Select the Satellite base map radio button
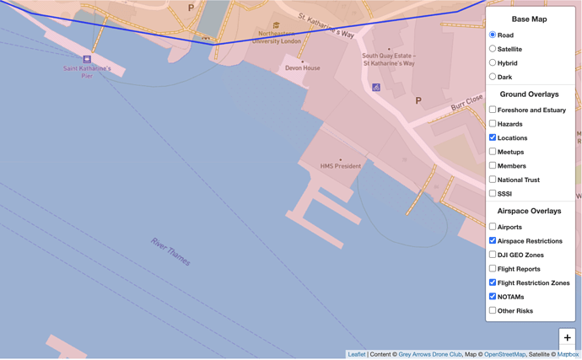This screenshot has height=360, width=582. pyautogui.click(x=493, y=49)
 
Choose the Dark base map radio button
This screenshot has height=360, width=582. pyautogui.click(x=493, y=77)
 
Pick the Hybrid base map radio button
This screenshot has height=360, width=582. pyautogui.click(x=493, y=63)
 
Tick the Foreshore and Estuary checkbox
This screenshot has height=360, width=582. pyautogui.click(x=493, y=110)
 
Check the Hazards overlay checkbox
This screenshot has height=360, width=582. pyautogui.click(x=493, y=124)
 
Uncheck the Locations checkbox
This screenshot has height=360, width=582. pyautogui.click(x=493, y=137)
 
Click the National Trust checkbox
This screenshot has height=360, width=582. pyautogui.click(x=493, y=180)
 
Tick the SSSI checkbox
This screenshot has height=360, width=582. pyautogui.click(x=493, y=193)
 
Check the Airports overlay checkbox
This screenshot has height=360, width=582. pyautogui.click(x=493, y=227)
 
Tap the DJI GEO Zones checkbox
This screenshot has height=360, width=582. pyautogui.click(x=493, y=255)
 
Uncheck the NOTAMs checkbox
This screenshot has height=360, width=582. pyautogui.click(x=493, y=297)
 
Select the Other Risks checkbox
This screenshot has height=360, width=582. pyautogui.click(x=493, y=310)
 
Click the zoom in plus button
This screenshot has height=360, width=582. pyautogui.click(x=567, y=337)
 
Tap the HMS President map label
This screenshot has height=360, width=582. pyautogui.click(x=341, y=166)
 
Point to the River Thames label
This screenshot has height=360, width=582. pyautogui.click(x=170, y=251)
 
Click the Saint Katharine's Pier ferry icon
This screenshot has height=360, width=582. pyautogui.click(x=87, y=59)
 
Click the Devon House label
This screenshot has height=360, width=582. pyautogui.click(x=302, y=68)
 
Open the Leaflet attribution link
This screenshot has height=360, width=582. pyautogui.click(x=357, y=354)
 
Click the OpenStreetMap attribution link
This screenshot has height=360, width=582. pyautogui.click(x=504, y=354)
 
